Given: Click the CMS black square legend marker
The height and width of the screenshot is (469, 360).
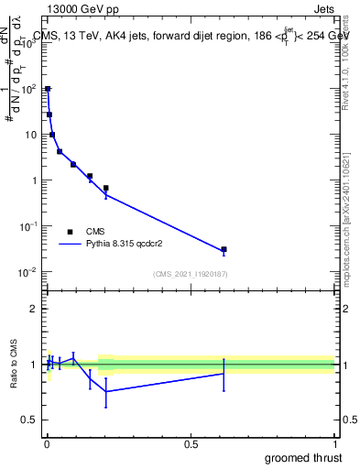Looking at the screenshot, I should [71, 232].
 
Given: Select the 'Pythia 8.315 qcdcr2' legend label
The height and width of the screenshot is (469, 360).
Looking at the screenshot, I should [125, 245].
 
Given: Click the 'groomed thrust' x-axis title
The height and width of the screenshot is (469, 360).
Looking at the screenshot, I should [303, 457].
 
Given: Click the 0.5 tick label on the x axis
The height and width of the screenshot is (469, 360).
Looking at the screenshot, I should [191, 444].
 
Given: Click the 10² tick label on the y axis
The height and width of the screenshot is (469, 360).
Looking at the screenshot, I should [30, 89].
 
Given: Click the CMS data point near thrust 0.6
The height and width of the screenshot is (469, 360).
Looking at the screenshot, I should [224, 249].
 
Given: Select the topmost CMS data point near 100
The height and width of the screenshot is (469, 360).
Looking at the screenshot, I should [48, 89].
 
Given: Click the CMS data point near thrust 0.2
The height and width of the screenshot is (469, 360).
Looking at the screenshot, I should [106, 188].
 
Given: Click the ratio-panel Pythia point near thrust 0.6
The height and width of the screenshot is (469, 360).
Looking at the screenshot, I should [224, 373].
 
